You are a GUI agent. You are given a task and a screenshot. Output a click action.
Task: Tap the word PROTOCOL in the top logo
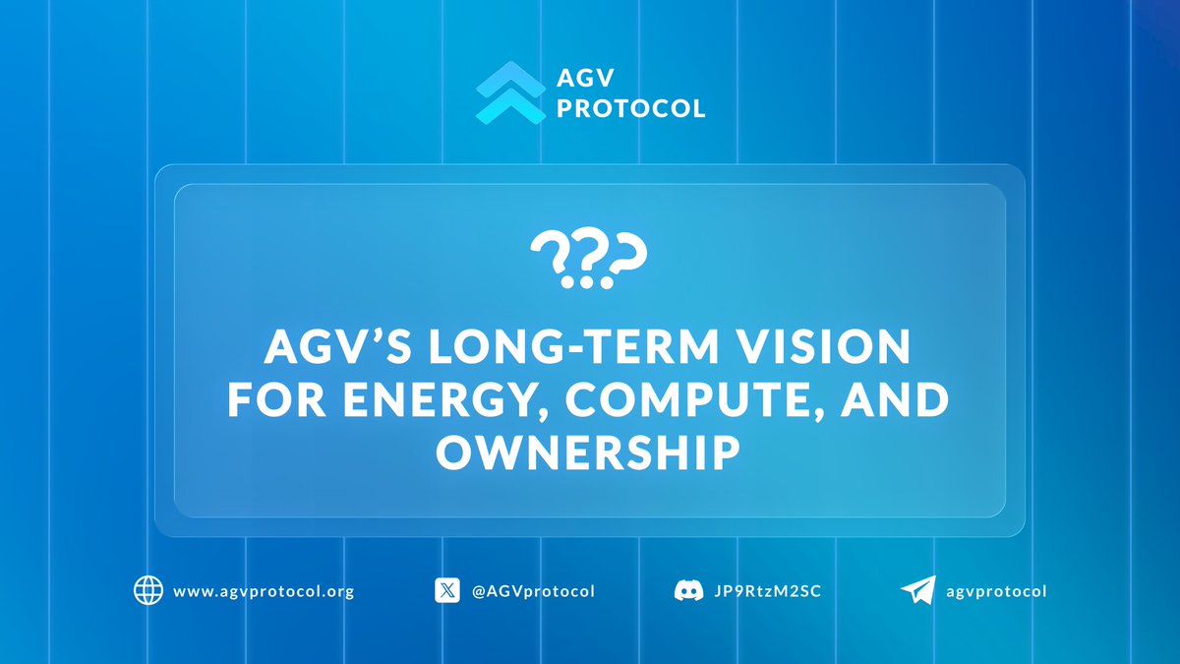pos(631,108)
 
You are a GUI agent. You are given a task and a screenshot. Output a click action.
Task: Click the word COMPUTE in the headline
pos(670,401)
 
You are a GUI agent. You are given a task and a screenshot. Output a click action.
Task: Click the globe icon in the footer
pos(147,591)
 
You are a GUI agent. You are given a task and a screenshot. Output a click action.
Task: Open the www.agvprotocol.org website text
pos(263,592)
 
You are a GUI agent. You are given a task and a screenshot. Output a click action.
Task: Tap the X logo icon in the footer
pos(447,591)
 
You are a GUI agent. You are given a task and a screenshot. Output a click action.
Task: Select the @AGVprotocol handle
pos(534,592)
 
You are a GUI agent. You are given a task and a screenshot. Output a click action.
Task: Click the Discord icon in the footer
pos(687,591)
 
